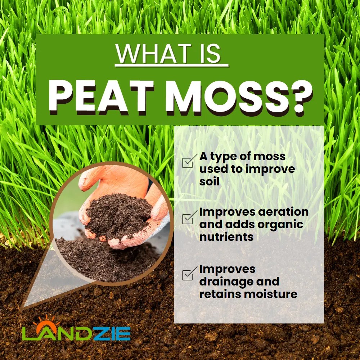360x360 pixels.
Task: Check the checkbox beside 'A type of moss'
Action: (x=188, y=162)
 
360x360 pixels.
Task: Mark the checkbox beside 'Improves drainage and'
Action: (x=188, y=275)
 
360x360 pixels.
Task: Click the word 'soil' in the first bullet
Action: (x=209, y=181)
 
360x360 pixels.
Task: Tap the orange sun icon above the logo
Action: (x=46, y=321)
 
